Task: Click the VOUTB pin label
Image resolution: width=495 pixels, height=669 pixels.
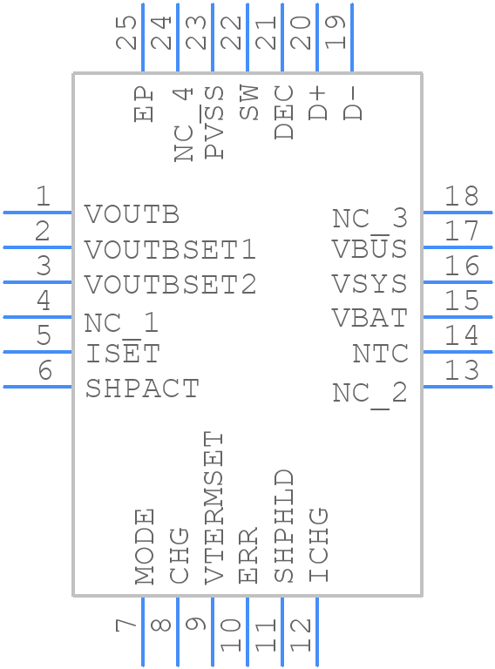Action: click(x=132, y=214)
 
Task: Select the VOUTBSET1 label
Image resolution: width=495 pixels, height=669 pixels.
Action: click(x=170, y=249)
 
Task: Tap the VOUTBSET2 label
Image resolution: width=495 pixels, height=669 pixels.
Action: click(x=170, y=284)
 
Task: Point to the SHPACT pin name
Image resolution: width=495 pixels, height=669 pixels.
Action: click(x=142, y=389)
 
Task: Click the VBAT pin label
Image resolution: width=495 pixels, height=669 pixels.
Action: click(x=370, y=318)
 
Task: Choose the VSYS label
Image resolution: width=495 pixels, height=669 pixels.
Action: click(x=370, y=284)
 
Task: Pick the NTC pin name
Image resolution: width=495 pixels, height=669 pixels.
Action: click(x=380, y=354)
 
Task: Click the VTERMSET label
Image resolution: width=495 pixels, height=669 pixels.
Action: click(x=214, y=508)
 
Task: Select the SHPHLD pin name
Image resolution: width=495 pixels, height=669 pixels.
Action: click(x=284, y=526)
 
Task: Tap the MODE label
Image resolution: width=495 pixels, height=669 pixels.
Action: click(x=145, y=546)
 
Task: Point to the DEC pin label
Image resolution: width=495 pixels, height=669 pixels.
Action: click(x=284, y=112)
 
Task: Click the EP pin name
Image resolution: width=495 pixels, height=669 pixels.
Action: click(x=144, y=105)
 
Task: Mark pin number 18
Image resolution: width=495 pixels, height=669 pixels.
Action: click(x=461, y=196)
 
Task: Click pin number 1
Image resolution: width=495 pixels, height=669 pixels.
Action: click(x=42, y=196)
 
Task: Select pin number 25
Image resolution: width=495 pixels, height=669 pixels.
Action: click(x=126, y=32)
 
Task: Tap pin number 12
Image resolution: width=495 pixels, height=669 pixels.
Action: click(x=301, y=635)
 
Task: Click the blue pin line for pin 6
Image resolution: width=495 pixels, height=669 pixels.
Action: click(x=37, y=387)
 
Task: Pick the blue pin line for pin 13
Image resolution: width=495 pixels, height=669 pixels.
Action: click(x=458, y=387)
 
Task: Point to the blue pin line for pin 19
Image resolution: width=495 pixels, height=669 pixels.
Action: click(x=351, y=37)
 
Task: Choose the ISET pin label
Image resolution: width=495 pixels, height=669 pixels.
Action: click(x=123, y=354)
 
